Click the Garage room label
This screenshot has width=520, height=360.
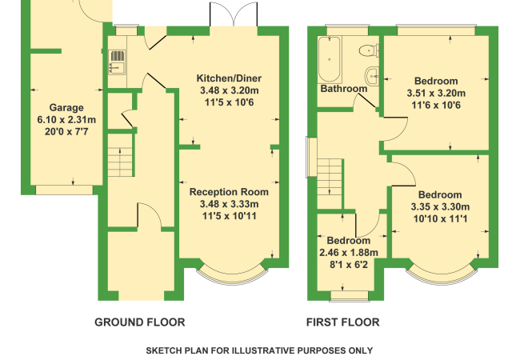pos(66,107)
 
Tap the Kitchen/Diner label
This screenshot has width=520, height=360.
pos(229,78)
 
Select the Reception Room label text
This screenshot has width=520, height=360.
pos(229,192)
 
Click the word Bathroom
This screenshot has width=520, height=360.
pos(344,89)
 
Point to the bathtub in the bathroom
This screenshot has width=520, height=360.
pos(330,59)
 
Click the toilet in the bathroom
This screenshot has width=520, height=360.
pos(369,50)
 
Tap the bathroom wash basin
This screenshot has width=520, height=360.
pos(372,76)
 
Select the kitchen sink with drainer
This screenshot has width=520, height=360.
pos(117,62)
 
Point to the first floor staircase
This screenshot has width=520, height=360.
pos(330,183)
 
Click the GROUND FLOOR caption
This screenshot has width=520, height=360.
pos(140,322)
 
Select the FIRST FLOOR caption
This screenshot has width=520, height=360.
pos(343,322)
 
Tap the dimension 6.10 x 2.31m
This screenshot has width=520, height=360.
pos(66,120)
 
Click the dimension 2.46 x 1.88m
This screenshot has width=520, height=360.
pos(349,253)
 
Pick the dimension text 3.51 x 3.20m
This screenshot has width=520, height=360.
pos(436,93)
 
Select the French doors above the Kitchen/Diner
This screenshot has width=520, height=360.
pos(234,14)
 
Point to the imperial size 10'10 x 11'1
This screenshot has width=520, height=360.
pos(441,218)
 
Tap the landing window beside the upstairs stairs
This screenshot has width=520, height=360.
pos(311,158)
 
